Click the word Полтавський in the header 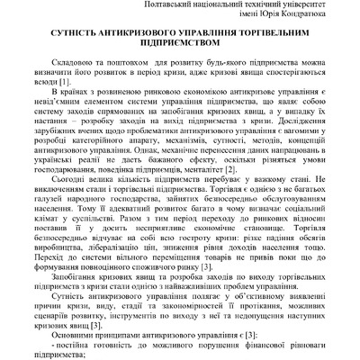(170, 6)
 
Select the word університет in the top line (310, 6)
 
